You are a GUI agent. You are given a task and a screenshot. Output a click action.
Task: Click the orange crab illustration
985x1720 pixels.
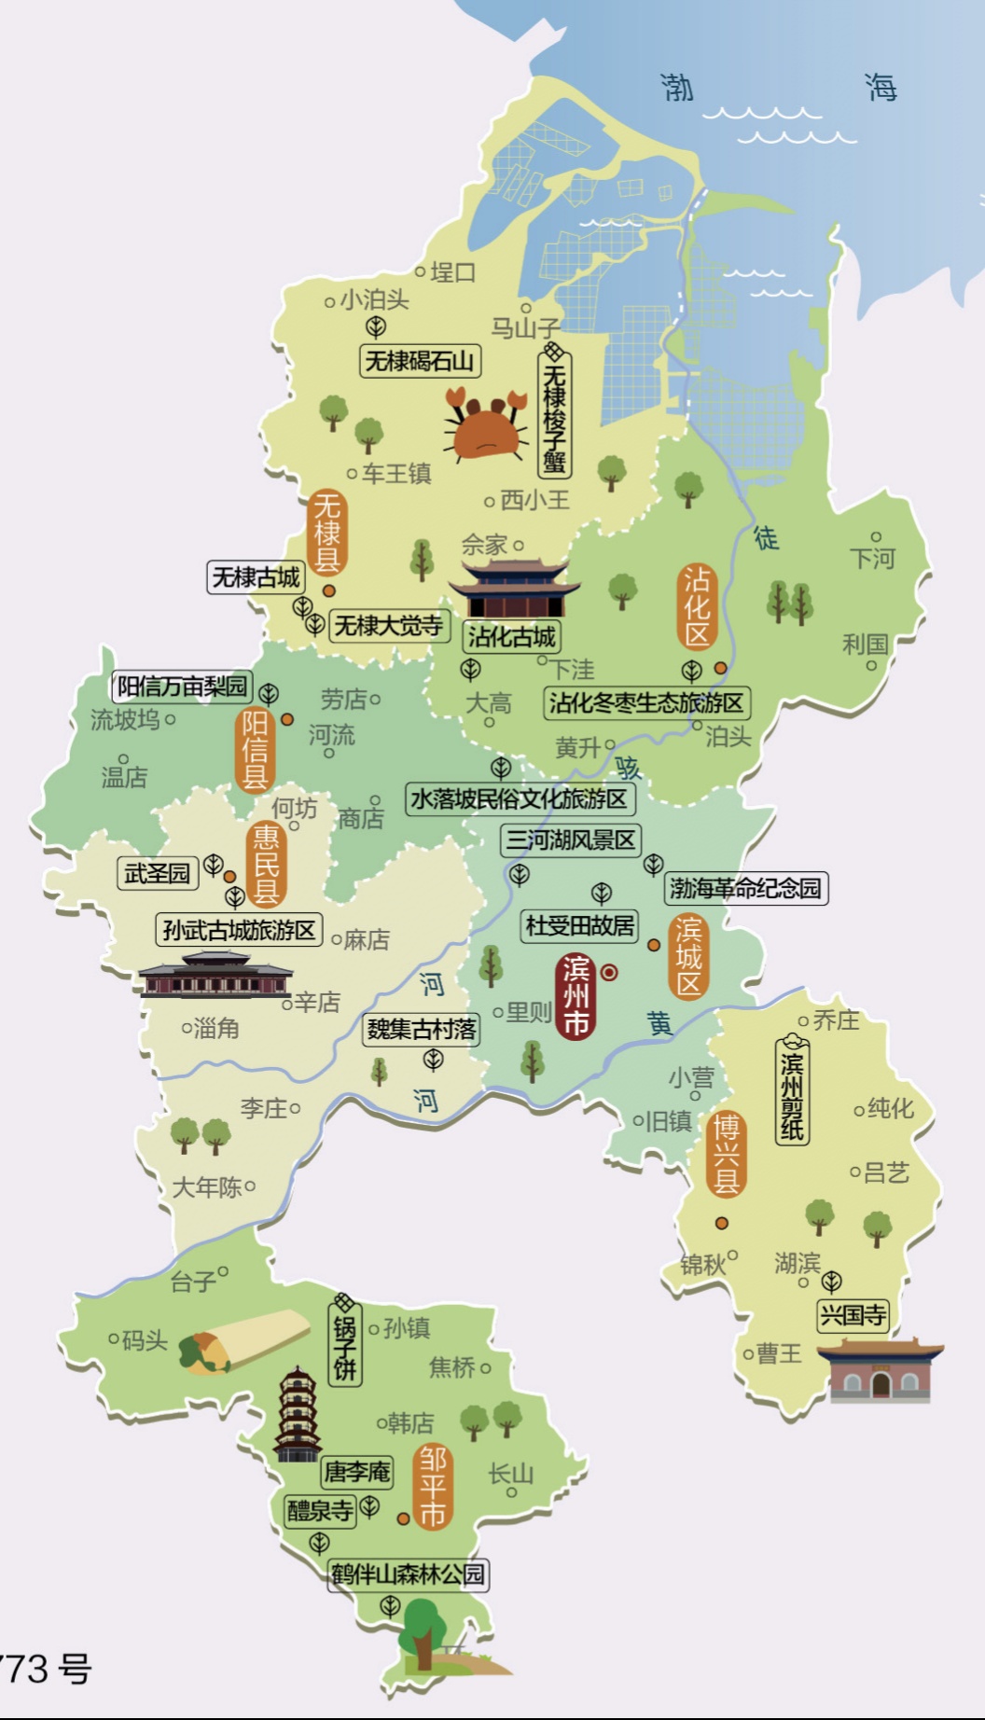click(486, 429)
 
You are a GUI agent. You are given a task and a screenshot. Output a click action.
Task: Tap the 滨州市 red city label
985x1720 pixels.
click(576, 996)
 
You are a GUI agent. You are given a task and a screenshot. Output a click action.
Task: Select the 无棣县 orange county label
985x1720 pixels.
click(327, 533)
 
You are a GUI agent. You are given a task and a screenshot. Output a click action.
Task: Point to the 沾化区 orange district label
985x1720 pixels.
click(697, 607)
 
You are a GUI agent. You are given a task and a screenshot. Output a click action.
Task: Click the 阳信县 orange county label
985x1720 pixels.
click(255, 750)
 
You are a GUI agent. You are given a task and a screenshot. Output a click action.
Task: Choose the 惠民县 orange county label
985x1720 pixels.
click(267, 864)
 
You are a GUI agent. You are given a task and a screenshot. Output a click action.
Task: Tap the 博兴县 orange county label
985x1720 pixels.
click(726, 1155)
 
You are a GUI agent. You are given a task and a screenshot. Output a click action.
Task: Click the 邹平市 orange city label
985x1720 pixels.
click(432, 1488)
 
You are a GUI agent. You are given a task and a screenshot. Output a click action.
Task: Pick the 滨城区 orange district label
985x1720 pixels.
click(688, 956)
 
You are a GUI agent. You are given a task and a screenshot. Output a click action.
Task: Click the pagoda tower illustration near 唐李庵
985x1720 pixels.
click(298, 1414)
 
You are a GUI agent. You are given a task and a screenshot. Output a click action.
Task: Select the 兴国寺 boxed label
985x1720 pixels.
click(853, 1315)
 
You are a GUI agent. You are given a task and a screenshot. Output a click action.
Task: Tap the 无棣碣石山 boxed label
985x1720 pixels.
click(420, 360)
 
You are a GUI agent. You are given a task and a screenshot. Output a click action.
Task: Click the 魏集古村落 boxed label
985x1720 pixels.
click(422, 1030)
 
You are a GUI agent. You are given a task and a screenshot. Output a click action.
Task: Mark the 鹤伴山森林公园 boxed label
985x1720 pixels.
click(409, 1574)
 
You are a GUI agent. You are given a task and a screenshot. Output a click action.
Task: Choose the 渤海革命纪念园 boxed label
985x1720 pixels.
click(745, 888)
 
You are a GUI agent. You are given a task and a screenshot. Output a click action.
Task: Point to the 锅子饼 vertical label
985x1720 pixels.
click(345, 1341)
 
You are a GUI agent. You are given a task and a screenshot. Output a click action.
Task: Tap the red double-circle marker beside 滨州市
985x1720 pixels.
click(609, 973)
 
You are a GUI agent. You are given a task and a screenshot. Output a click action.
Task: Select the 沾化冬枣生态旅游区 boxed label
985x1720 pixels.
click(646, 702)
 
